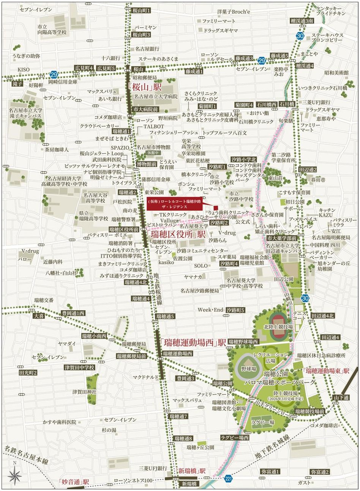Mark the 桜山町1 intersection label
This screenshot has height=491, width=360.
click(x=141, y=11)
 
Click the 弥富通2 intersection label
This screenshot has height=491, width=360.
click(x=320, y=472)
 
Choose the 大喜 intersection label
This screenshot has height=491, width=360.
click(x=38, y=315)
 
